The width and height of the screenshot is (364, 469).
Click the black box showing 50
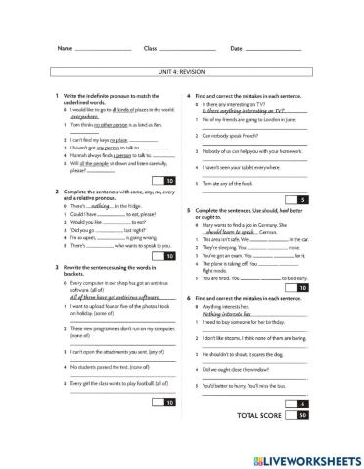pos(303,416)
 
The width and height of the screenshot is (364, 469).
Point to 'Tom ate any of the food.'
pos(233,183)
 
